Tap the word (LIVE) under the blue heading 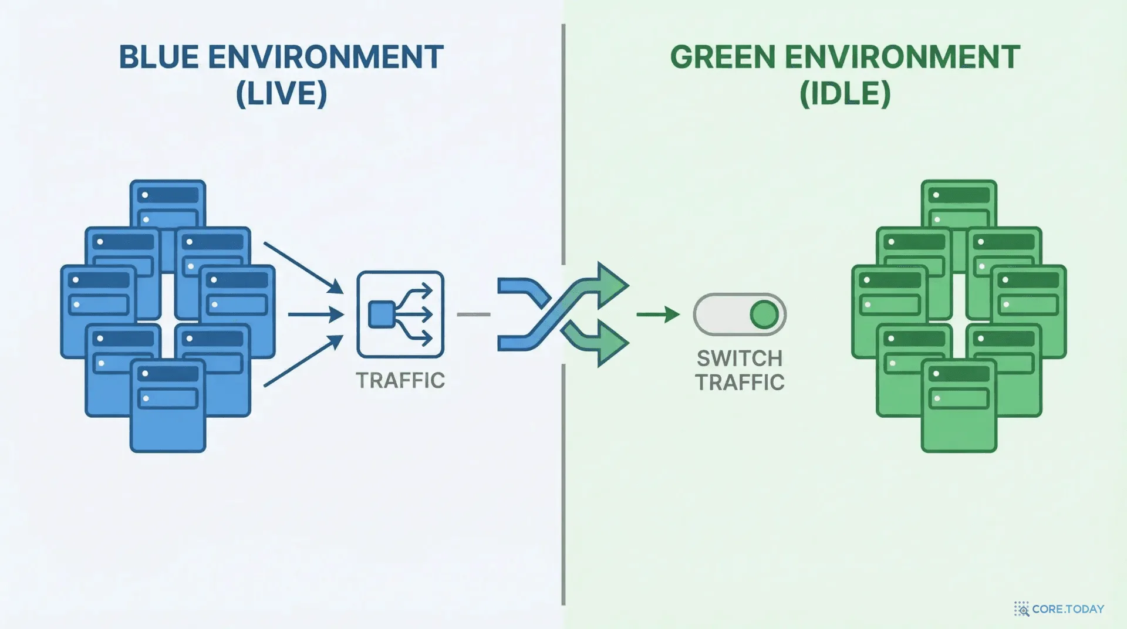point(281,93)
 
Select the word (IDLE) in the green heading point(845,93)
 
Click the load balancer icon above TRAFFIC point(400,314)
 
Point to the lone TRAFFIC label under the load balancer point(400,381)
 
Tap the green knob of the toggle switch point(764,314)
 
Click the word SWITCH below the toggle point(740,359)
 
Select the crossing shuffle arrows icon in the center point(563,315)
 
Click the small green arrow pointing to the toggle point(658,314)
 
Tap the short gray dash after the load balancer point(473,314)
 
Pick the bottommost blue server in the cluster point(168,405)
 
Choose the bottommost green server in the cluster point(959,405)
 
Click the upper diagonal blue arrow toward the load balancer point(303,268)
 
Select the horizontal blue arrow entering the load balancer point(316,314)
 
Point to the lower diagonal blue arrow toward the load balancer point(303,361)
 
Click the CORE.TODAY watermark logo point(1059,609)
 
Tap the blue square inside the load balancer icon point(382,314)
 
